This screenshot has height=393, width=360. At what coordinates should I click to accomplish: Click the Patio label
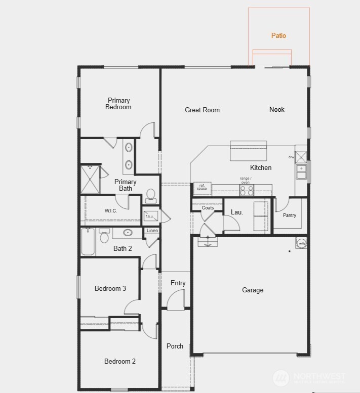(278, 36)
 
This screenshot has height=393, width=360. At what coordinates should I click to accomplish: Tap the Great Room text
(202, 110)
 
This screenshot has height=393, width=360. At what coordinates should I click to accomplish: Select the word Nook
(277, 109)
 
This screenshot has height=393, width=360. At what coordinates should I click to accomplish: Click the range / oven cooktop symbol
(246, 190)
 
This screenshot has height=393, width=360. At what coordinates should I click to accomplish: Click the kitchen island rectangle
(248, 151)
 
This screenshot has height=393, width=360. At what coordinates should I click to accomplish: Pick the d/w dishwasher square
(301, 156)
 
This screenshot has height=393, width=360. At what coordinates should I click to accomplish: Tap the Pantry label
(290, 215)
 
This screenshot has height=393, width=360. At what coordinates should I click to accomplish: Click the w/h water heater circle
(302, 243)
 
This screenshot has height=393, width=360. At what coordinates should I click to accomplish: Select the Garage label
(253, 290)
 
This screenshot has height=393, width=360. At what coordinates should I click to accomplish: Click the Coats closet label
(208, 208)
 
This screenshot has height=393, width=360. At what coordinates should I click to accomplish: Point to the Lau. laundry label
(237, 213)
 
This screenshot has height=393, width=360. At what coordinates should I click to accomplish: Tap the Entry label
(178, 283)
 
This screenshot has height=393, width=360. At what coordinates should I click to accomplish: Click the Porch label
(175, 346)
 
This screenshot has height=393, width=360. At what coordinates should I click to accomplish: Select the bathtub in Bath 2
(88, 242)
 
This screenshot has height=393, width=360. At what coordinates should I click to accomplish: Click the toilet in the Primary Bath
(151, 195)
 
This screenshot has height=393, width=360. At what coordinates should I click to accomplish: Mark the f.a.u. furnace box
(150, 216)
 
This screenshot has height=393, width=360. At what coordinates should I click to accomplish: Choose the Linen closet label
(152, 231)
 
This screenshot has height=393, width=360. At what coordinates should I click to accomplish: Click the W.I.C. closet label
(111, 211)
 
